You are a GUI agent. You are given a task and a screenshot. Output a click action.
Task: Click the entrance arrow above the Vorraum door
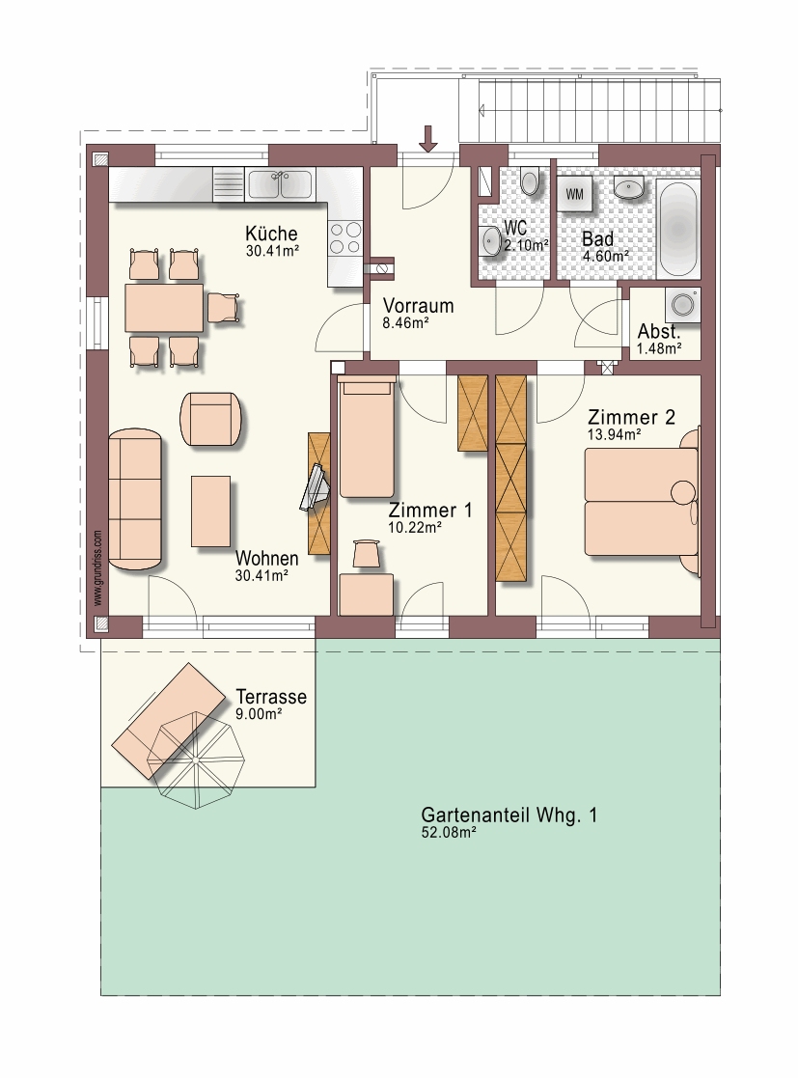[x=428, y=138]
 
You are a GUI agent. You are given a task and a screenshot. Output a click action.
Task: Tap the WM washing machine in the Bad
[x=574, y=195]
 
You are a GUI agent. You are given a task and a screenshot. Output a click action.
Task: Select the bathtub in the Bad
[x=677, y=229]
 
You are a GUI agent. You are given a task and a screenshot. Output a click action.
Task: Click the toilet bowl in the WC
[x=529, y=181]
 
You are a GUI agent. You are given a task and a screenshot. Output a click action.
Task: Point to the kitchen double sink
[x=279, y=184]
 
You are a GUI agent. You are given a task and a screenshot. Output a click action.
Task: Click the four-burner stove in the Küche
[x=344, y=237]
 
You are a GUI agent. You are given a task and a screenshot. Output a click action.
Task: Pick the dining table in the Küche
[x=164, y=307]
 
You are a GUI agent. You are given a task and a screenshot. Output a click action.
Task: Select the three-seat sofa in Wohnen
[x=135, y=501]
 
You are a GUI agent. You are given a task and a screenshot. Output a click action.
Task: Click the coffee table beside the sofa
[x=210, y=511]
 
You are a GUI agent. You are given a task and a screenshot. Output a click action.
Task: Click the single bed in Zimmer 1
[x=367, y=436]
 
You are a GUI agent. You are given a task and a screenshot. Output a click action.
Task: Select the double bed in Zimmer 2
[x=642, y=501]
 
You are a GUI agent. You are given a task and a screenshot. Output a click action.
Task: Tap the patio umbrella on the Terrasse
[x=197, y=760]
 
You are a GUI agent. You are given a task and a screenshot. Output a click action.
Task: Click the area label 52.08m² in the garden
[x=449, y=833]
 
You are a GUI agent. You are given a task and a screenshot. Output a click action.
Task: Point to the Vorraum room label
[x=418, y=305]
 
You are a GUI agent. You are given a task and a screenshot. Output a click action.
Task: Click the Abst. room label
[x=658, y=331]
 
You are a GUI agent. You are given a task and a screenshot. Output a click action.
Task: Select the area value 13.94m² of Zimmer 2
[x=615, y=434]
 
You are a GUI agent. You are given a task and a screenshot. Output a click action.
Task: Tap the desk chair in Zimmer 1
[x=367, y=554]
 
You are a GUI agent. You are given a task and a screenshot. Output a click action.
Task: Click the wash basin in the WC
[x=491, y=240]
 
